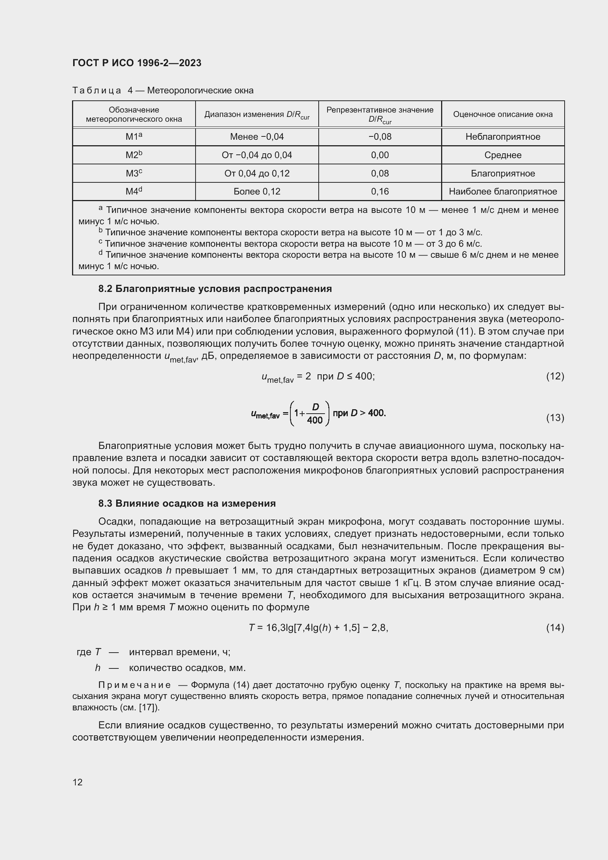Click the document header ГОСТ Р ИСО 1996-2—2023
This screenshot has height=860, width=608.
137,63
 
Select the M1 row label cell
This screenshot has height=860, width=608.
134,137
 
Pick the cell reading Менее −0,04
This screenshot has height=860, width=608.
257,137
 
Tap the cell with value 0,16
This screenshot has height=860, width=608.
380,192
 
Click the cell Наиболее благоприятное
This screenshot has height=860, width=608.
503,192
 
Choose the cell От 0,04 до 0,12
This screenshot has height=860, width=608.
257,174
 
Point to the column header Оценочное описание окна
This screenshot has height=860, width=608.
503,114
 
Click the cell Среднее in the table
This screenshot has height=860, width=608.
503,155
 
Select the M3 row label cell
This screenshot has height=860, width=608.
134,174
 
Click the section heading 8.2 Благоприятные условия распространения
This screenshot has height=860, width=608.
215,288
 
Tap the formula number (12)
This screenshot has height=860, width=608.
555,376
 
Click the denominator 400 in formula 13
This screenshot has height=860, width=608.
315,420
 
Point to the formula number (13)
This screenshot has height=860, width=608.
555,418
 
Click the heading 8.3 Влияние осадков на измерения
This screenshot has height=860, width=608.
187,503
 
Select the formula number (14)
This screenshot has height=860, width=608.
555,627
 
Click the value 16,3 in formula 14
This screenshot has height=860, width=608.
276,627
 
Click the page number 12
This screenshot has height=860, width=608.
78,782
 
